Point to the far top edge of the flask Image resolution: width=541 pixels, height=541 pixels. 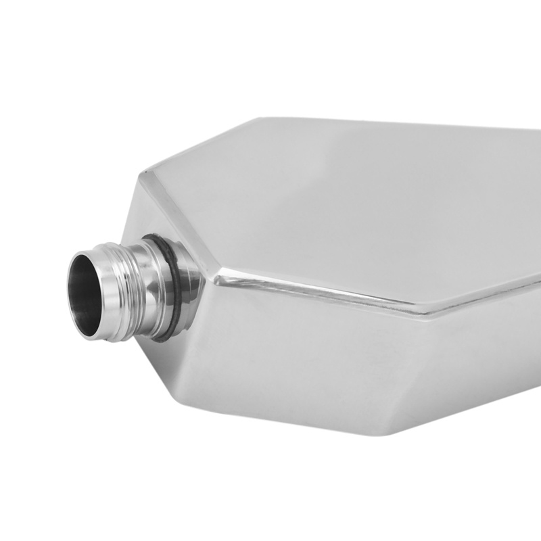pyautogui.click(x=406, y=125)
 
